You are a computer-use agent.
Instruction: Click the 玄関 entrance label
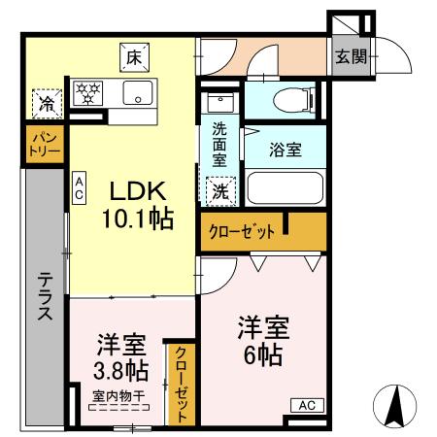coord(352,56)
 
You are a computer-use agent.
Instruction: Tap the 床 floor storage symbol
coord(132,57)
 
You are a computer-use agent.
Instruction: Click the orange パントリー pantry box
coord(44,147)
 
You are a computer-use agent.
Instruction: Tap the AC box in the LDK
coord(78,186)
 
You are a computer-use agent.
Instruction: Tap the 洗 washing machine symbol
coord(220,190)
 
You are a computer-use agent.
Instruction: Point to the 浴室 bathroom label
coord(286,151)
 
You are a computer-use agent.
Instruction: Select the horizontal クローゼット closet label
coord(239,231)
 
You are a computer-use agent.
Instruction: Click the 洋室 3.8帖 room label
coord(120,357)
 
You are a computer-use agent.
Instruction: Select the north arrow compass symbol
coord(395,406)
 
